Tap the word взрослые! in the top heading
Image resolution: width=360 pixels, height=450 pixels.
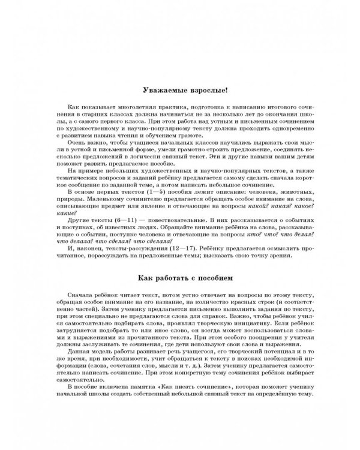pyautogui.click(x=205, y=91)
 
